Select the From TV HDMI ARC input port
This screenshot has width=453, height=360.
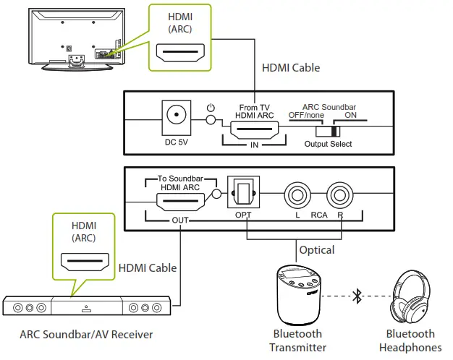(x=253, y=131)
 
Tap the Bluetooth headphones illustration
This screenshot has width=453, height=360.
(x=414, y=296)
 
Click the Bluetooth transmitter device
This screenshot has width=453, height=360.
(x=299, y=294)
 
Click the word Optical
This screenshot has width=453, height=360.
(x=317, y=250)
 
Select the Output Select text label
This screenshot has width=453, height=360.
(x=329, y=144)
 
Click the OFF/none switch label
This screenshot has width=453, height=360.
(x=307, y=116)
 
